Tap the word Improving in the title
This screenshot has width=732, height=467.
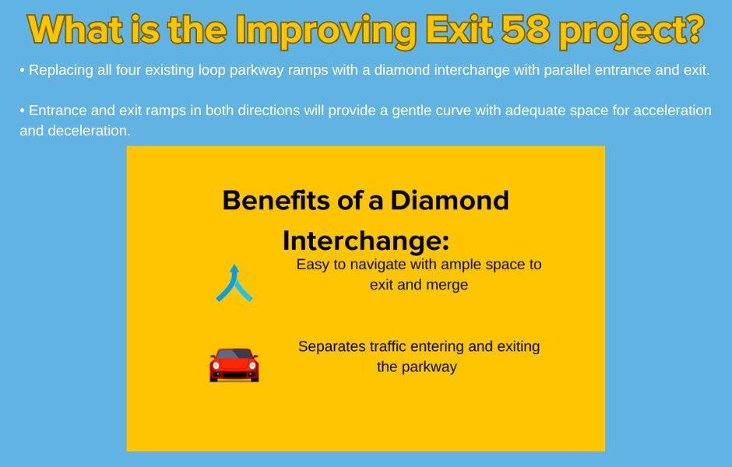pyautogui.click(x=326, y=32)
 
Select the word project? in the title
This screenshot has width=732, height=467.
pyautogui.click(x=632, y=32)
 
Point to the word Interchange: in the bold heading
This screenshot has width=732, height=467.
pyautogui.click(x=365, y=241)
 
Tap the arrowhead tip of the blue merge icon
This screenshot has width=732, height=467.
pyautogui.click(x=234, y=265)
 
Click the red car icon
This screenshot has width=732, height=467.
pyautogui.click(x=234, y=365)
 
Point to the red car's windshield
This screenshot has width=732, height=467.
pyautogui.click(x=234, y=354)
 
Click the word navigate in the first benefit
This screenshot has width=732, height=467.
pyautogui.click(x=378, y=265)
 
